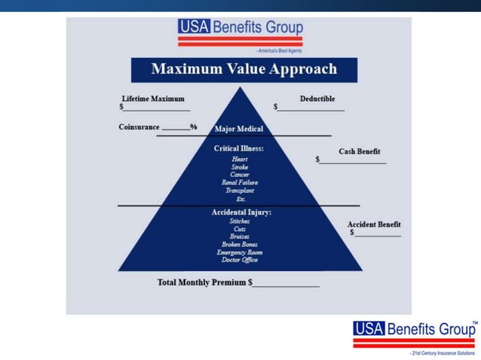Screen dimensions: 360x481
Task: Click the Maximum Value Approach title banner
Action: coord(244,69)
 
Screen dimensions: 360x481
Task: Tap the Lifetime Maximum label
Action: coord(153,99)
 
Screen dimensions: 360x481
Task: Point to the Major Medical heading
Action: coord(239,129)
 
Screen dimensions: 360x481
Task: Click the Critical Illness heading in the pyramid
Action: coord(239,148)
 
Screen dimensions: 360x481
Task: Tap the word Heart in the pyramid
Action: coord(240,159)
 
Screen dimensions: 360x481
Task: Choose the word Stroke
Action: coord(240,167)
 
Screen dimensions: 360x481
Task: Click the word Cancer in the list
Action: coord(240,175)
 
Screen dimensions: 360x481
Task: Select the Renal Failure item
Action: coord(240,183)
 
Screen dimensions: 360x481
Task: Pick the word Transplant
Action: coord(240,191)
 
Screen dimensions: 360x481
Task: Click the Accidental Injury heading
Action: coord(241,212)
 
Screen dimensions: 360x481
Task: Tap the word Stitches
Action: coord(240,221)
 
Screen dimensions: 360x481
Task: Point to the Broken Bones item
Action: coord(240,244)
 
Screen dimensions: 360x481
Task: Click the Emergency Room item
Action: coord(240,252)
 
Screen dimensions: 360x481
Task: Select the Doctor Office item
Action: coord(240,260)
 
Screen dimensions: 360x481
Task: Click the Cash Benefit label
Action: coord(359,151)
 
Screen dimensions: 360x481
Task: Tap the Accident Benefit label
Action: coord(374,224)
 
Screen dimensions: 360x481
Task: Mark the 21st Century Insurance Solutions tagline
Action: coord(442,352)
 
